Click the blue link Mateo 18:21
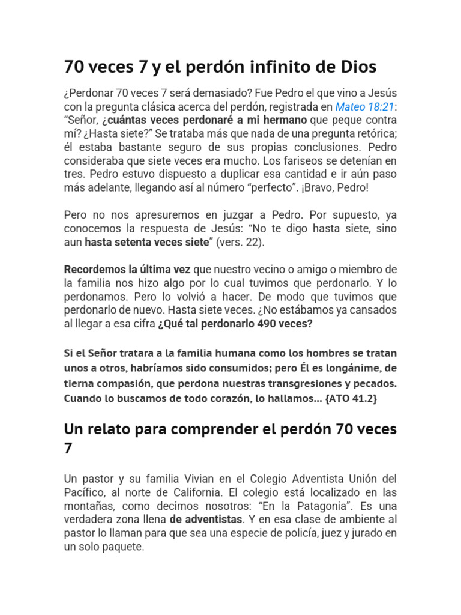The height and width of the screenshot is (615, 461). tap(364, 108)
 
